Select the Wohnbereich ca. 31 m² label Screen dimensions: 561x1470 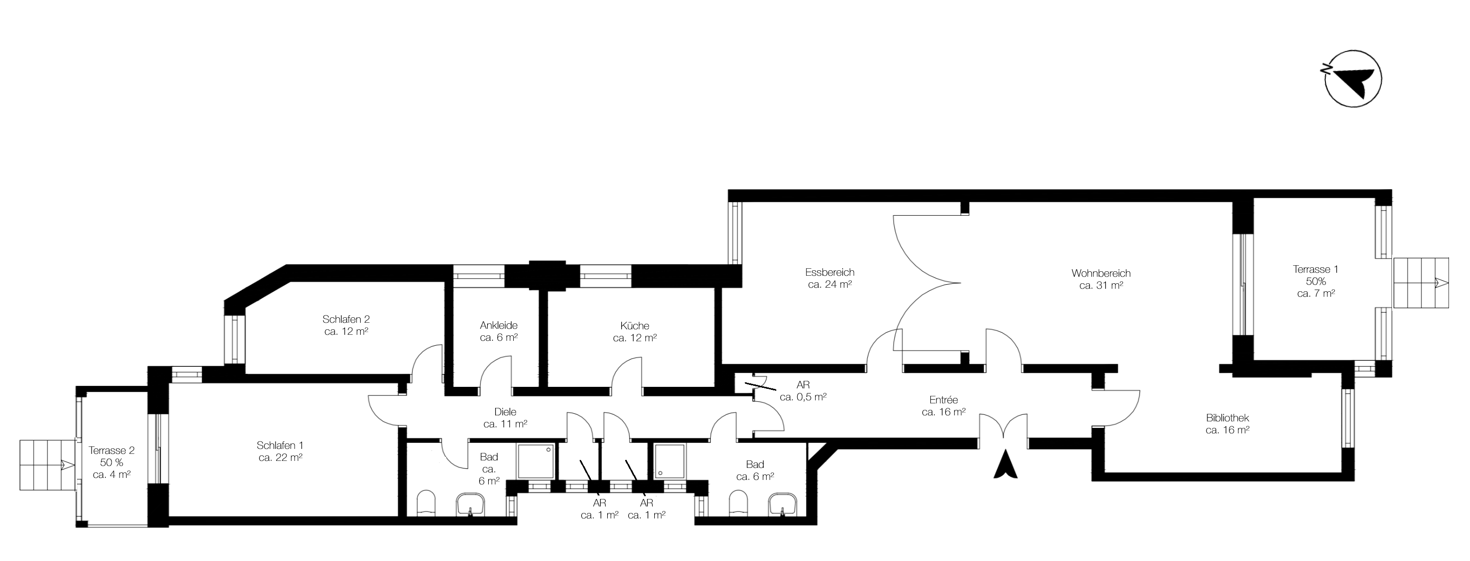tap(1101, 280)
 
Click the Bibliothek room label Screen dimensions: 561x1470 tap(1227, 424)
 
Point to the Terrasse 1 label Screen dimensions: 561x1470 tap(1315, 281)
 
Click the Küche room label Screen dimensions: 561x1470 tap(635, 332)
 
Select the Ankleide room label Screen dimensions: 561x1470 tap(498, 331)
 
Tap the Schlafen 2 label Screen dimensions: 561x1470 tap(346, 325)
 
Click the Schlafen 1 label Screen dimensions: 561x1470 tap(280, 451)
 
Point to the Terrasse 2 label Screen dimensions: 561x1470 tap(112, 462)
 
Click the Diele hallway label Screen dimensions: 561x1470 tap(505, 418)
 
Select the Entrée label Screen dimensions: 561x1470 tap(943, 406)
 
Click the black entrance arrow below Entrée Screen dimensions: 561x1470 tap(1005, 465)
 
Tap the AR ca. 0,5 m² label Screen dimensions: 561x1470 tap(803, 391)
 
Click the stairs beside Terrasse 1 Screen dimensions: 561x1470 tap(1420, 282)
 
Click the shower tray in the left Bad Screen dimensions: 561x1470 tap(535, 461)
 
